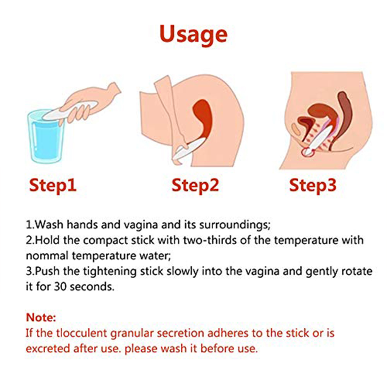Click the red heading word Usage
pyautogui.click(x=193, y=35)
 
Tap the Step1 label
pyautogui.click(x=53, y=185)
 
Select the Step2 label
pyautogui.click(x=195, y=185)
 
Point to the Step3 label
pyautogui.click(x=313, y=185)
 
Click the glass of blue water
pyautogui.click(x=46, y=137)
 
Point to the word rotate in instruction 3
pyautogui.click(x=357, y=272)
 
